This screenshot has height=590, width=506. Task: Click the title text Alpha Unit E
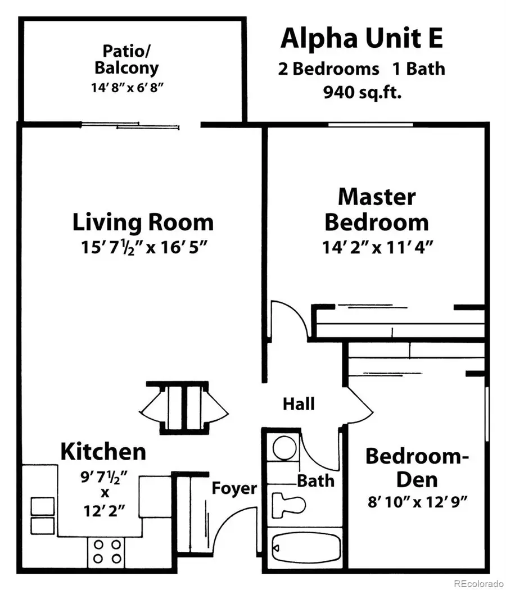[362, 38]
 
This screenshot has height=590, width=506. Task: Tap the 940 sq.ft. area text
[362, 92]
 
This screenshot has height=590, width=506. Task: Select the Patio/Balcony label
[126, 60]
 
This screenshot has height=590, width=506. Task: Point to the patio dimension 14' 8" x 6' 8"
[126, 89]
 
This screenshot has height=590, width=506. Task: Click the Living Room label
[143, 223]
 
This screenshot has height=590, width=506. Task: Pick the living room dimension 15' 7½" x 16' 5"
[143, 247]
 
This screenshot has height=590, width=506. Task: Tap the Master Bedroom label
[377, 210]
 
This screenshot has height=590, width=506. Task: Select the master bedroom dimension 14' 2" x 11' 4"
[377, 247]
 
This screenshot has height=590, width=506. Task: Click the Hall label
[298, 403]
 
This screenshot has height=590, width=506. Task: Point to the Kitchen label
[103, 451]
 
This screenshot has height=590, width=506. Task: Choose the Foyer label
[234, 488]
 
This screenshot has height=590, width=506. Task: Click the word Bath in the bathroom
[315, 481]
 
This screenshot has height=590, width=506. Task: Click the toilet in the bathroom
[288, 502]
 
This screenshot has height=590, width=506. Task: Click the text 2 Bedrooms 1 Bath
[362, 69]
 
